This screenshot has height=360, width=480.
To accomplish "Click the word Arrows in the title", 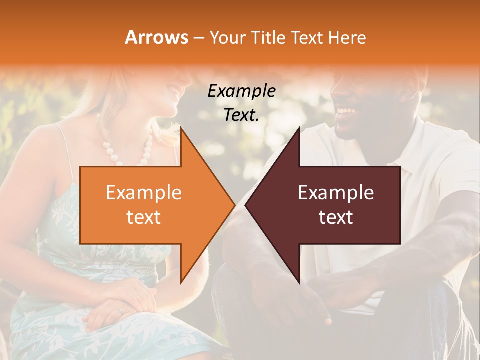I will [x=157, y=37].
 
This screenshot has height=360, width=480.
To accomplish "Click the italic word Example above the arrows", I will [x=241, y=91].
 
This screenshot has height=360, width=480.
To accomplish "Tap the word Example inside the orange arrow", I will [x=144, y=193].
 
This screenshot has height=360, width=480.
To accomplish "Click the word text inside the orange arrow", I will [x=144, y=217].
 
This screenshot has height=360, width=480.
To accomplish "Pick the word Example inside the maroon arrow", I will [x=336, y=193].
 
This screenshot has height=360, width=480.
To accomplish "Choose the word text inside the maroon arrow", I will [x=336, y=217].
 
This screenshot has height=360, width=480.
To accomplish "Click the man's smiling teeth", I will [x=345, y=110].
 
